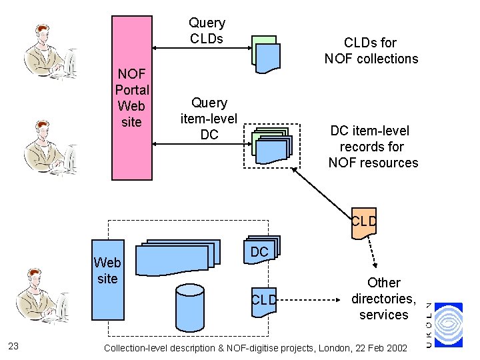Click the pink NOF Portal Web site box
pos(131,98)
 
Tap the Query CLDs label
pos(207,31)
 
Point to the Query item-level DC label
pos(209,119)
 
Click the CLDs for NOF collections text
pos(371,51)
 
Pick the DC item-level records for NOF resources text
pos(373,147)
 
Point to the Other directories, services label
pos(383,299)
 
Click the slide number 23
pos(13,345)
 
